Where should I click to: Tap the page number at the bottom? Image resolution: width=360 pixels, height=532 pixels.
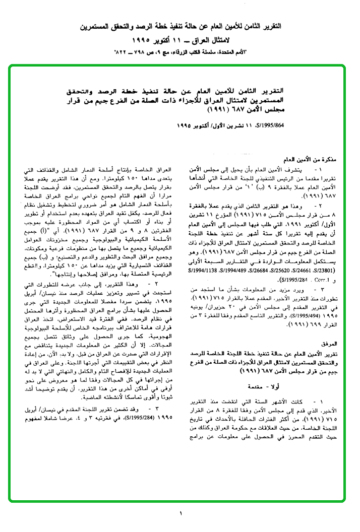click(180, 513)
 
